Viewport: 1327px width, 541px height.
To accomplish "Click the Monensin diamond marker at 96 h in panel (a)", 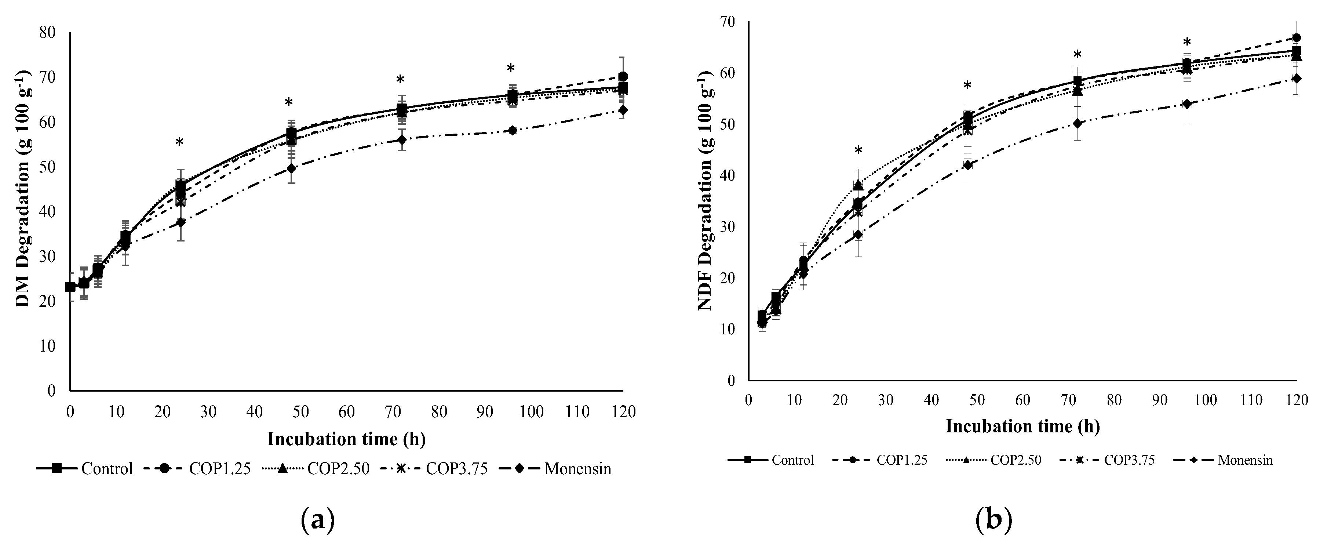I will coord(513,130).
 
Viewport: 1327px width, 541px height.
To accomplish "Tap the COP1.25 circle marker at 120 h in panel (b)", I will coord(1297,37).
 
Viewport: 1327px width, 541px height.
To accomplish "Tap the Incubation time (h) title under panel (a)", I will coord(347,439).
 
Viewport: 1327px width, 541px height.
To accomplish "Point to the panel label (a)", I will coord(317,520).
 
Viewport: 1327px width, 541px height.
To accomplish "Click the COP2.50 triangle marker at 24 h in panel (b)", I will coord(858,185).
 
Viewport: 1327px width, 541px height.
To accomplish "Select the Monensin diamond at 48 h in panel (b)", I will coord(968,165).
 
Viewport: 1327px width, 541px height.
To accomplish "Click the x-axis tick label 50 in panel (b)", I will coord(977,400).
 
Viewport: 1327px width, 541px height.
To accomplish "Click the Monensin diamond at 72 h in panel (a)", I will coord(402,139).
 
